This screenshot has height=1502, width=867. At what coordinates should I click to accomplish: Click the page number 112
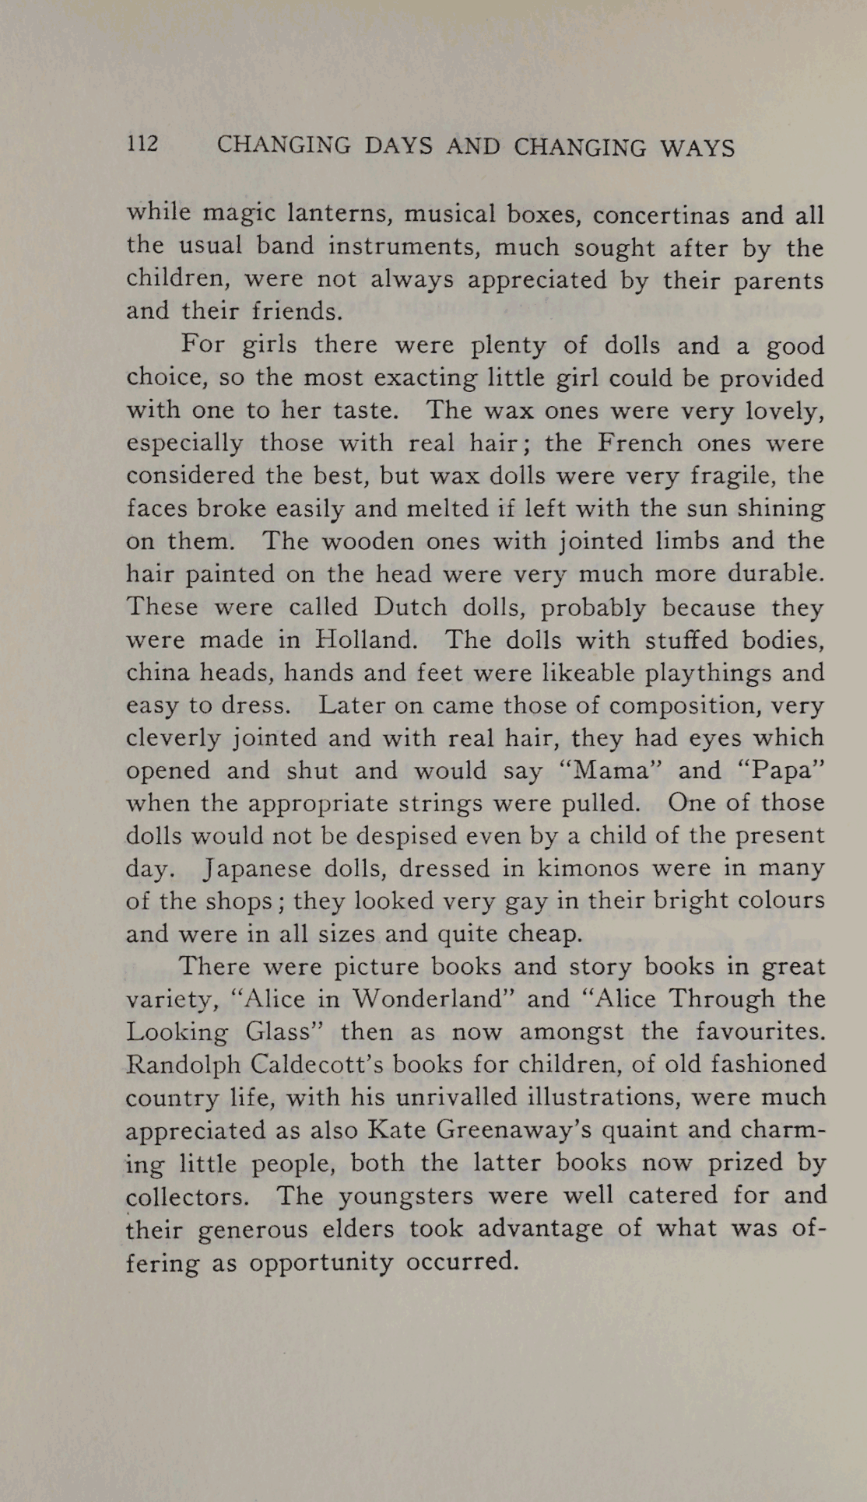[x=142, y=144]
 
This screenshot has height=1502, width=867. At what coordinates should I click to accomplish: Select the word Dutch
[x=410, y=607]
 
